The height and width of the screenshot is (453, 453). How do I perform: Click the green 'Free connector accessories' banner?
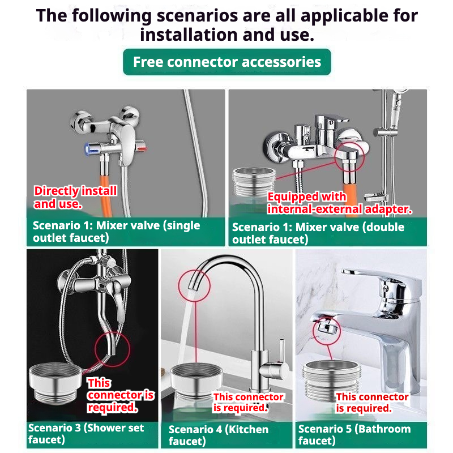(227, 62)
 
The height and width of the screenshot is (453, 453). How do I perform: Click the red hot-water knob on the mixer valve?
(142, 148)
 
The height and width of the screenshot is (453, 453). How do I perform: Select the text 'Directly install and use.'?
(75, 197)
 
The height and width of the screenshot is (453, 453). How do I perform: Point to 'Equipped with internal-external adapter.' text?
(339, 203)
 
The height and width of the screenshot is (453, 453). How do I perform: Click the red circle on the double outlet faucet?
(349, 157)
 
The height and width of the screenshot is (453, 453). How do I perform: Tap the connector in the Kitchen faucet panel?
(196, 381)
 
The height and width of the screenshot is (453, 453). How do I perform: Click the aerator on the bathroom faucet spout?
(326, 327)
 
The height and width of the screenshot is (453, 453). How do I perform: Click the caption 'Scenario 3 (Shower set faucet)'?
(86, 433)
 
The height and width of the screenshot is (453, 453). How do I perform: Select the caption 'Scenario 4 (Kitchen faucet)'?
(218, 435)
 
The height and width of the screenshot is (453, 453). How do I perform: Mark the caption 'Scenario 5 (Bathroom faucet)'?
(354, 434)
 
